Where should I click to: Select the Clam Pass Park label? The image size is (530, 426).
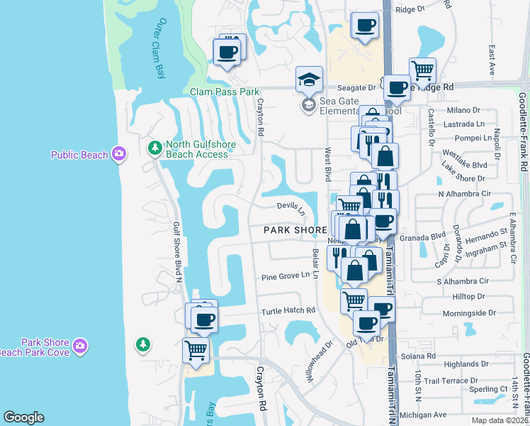click(x=225, y=92)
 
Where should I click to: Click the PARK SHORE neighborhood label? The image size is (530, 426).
click(x=295, y=230)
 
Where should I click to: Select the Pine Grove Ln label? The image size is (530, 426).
click(x=286, y=275)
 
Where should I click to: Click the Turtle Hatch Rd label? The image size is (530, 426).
click(x=288, y=310)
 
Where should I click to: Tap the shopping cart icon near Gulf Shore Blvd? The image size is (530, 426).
click(x=196, y=349)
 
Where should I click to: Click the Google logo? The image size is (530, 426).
click(x=23, y=417)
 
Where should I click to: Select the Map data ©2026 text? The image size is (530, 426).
click(x=500, y=420)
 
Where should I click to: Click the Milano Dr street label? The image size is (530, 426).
click(x=463, y=110)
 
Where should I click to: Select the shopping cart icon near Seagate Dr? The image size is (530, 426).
click(x=422, y=71)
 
